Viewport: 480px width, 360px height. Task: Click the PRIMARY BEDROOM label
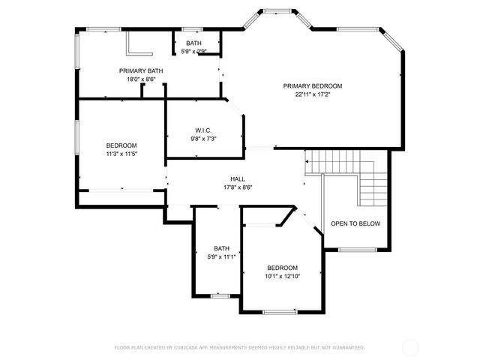point(312,85)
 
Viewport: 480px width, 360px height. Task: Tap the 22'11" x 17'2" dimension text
point(312,94)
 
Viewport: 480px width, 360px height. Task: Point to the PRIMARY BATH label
point(141,70)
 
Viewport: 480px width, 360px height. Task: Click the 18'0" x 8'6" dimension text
point(141,79)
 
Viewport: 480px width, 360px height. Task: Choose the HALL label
point(238,178)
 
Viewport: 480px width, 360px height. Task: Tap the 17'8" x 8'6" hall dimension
point(238,187)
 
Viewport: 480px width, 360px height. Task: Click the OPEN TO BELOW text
point(355,223)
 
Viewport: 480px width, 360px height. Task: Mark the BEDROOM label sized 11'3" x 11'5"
point(121,145)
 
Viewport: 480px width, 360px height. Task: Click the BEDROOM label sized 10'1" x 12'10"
point(283,268)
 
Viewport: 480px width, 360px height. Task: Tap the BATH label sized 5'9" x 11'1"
point(221,248)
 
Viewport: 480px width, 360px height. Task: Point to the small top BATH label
point(193,43)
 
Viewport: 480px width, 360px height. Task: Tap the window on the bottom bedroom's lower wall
point(280,311)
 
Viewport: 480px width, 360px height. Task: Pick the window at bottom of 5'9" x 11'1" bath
point(220,295)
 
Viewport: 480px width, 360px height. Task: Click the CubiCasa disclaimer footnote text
point(239,347)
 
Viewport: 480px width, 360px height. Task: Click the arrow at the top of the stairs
point(307,160)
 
